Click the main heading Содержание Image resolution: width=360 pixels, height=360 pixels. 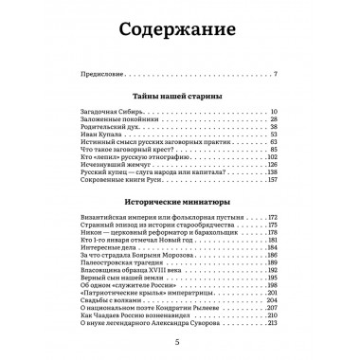(179, 34)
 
